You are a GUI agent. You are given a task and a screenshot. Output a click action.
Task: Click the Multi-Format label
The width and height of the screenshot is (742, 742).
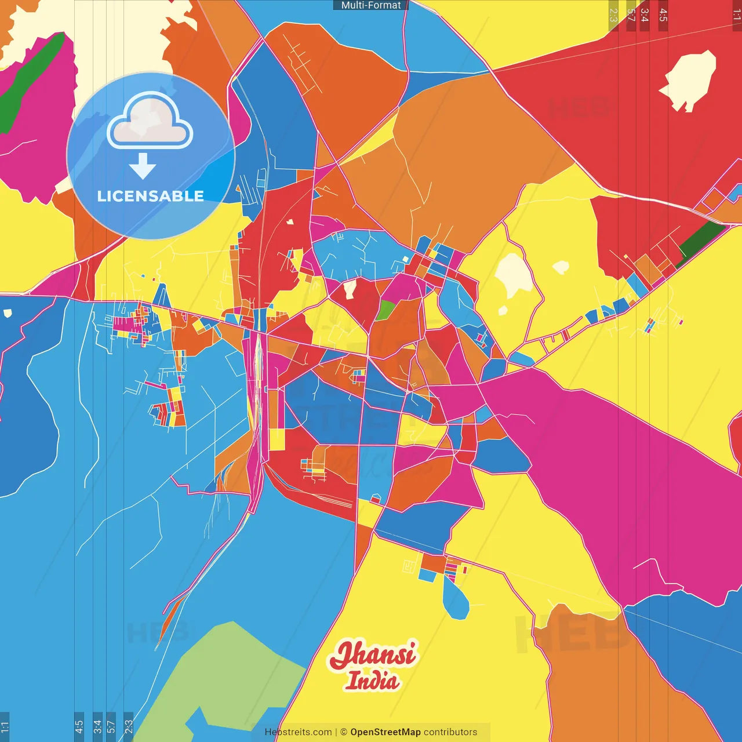(x=370, y=5)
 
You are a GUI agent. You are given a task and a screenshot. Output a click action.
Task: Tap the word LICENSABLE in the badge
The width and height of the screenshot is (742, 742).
(x=150, y=196)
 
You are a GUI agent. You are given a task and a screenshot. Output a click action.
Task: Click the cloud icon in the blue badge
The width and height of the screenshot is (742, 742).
(x=150, y=122)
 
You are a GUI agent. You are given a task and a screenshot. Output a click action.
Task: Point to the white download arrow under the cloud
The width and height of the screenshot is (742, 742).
(x=143, y=166)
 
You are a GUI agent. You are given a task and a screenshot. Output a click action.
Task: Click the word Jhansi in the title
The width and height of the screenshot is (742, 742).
(x=373, y=654)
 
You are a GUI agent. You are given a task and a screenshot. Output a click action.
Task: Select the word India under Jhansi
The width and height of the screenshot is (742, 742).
(x=372, y=681)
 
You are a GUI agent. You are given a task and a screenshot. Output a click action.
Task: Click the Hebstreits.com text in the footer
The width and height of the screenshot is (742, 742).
(x=298, y=732)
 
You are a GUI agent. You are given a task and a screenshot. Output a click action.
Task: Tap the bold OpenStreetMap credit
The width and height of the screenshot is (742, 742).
(x=385, y=732)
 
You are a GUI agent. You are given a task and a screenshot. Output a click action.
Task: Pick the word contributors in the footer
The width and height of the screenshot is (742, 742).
(x=450, y=732)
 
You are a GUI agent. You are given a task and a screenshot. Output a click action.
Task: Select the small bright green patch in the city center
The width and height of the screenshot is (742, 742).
(x=385, y=310)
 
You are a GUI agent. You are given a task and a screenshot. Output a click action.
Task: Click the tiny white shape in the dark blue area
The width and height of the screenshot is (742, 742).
(x=8, y=314)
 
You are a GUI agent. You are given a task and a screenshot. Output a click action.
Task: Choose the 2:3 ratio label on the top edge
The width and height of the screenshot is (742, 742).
(x=613, y=15)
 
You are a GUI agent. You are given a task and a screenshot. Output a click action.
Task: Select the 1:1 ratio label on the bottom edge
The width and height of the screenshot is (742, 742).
(x=5, y=726)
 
